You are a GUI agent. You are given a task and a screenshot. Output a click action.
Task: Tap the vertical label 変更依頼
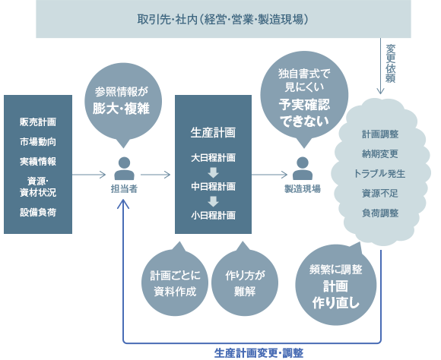391,63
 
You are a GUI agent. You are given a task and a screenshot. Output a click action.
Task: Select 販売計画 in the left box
37,122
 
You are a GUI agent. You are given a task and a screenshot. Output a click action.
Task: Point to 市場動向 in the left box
37,141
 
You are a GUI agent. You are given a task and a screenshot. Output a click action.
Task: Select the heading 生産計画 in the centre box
212,131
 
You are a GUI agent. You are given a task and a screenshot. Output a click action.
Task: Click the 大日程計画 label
212,157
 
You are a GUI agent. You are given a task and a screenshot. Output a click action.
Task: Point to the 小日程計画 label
212,215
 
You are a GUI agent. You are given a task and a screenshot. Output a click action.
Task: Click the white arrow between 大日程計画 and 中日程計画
213,172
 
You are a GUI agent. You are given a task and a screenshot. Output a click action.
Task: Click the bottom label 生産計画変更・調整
259,352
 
